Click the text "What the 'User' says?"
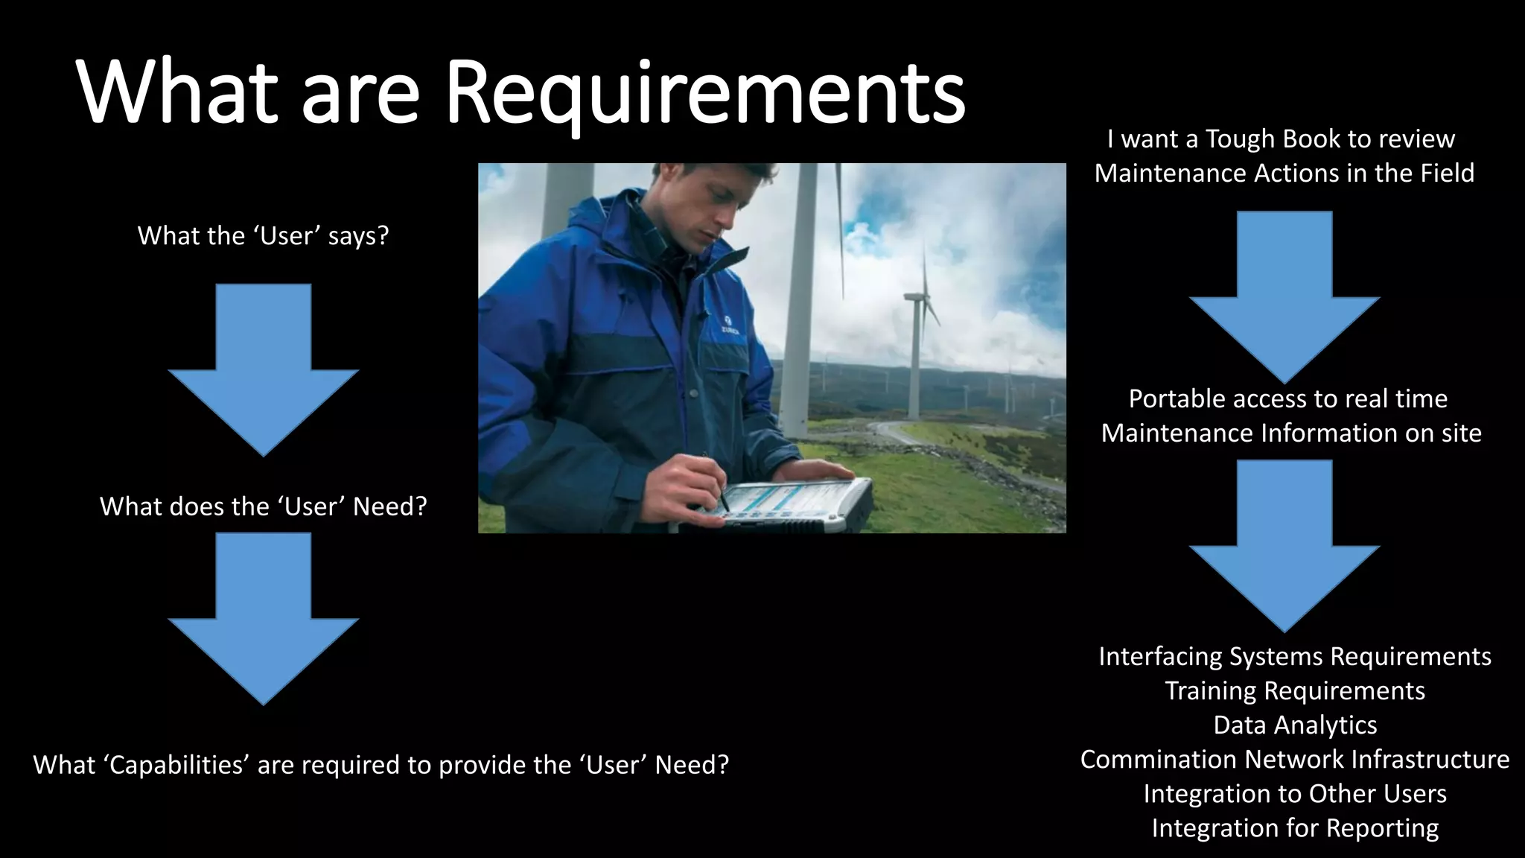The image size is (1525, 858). [263, 236]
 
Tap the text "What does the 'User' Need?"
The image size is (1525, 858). [263, 506]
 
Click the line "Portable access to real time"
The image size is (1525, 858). [1287, 399]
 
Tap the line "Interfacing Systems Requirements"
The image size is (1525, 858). [1294, 657]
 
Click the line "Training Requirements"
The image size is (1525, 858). [1294, 691]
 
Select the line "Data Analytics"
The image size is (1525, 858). [1294, 725]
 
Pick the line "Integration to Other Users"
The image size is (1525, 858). [1294, 794]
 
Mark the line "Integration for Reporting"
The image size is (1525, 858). [1294, 828]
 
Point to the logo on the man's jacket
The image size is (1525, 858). [728, 325]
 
